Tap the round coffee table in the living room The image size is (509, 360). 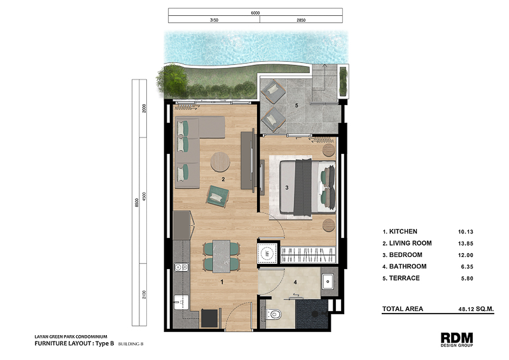220,162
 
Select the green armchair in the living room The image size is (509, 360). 217,196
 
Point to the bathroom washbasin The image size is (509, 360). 328,281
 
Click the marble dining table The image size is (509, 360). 221,256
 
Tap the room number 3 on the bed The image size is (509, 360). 287,187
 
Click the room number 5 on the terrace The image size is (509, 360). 296,106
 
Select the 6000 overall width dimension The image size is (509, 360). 255,13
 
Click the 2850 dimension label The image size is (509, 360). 301,20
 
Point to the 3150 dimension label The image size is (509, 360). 214,20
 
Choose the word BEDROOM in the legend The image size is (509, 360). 405,255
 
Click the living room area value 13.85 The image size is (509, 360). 466,244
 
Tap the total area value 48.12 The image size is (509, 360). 466,309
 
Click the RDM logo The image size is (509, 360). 456,339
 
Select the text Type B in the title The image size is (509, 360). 104,343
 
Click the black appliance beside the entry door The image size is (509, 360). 209,318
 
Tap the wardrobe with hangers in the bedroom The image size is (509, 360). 307,254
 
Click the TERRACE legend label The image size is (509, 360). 404,278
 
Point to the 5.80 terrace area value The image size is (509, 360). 467,279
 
